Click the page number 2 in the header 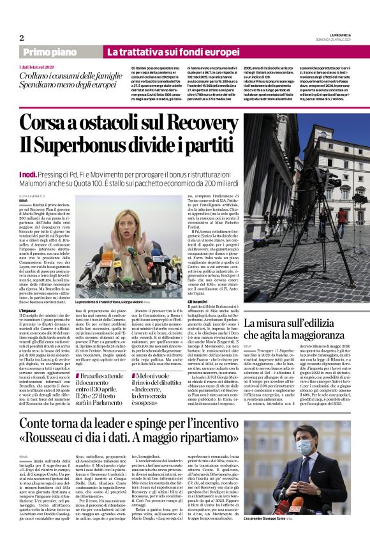pyautogui.click(x=21, y=38)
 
